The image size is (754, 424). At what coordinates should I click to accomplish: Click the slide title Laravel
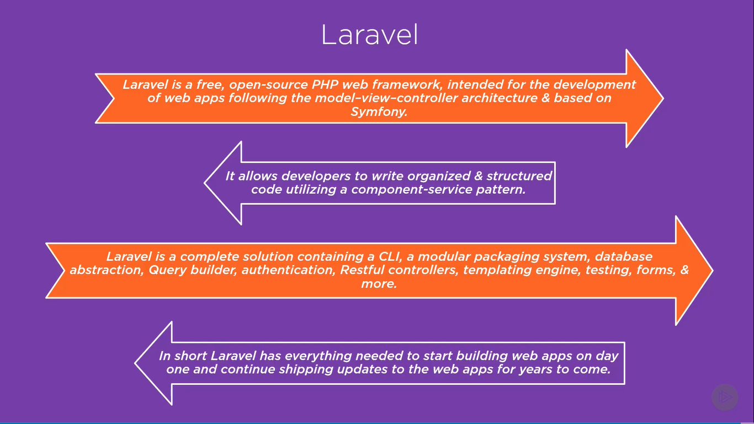370,34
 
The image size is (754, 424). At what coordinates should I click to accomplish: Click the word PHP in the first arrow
325,84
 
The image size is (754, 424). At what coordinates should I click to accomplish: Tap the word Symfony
379,112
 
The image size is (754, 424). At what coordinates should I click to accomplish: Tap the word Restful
362,270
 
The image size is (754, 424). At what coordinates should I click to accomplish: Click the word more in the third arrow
379,284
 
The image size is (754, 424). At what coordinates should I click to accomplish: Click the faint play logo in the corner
725,397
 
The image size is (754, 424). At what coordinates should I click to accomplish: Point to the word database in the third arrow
624,257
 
